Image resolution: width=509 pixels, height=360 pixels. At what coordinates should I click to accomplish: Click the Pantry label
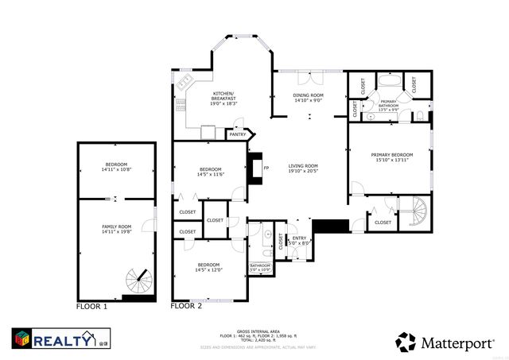point(238,134)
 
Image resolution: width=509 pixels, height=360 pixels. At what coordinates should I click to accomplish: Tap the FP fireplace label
point(266,168)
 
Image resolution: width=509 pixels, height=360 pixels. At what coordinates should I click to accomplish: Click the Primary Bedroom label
point(391,154)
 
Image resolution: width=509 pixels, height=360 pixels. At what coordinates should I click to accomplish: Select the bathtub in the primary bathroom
point(390,79)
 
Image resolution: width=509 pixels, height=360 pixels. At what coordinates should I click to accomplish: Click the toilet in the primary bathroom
point(418,117)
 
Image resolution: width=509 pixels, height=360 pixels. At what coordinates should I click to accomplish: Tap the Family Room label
point(116,227)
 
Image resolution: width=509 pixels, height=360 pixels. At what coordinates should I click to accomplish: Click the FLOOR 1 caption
point(91,305)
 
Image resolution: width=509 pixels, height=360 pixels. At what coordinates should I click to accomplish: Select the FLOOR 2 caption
point(187,305)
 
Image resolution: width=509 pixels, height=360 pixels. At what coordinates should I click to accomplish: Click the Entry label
point(300,238)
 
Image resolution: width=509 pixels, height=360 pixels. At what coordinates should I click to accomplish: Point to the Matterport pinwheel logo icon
point(406,342)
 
